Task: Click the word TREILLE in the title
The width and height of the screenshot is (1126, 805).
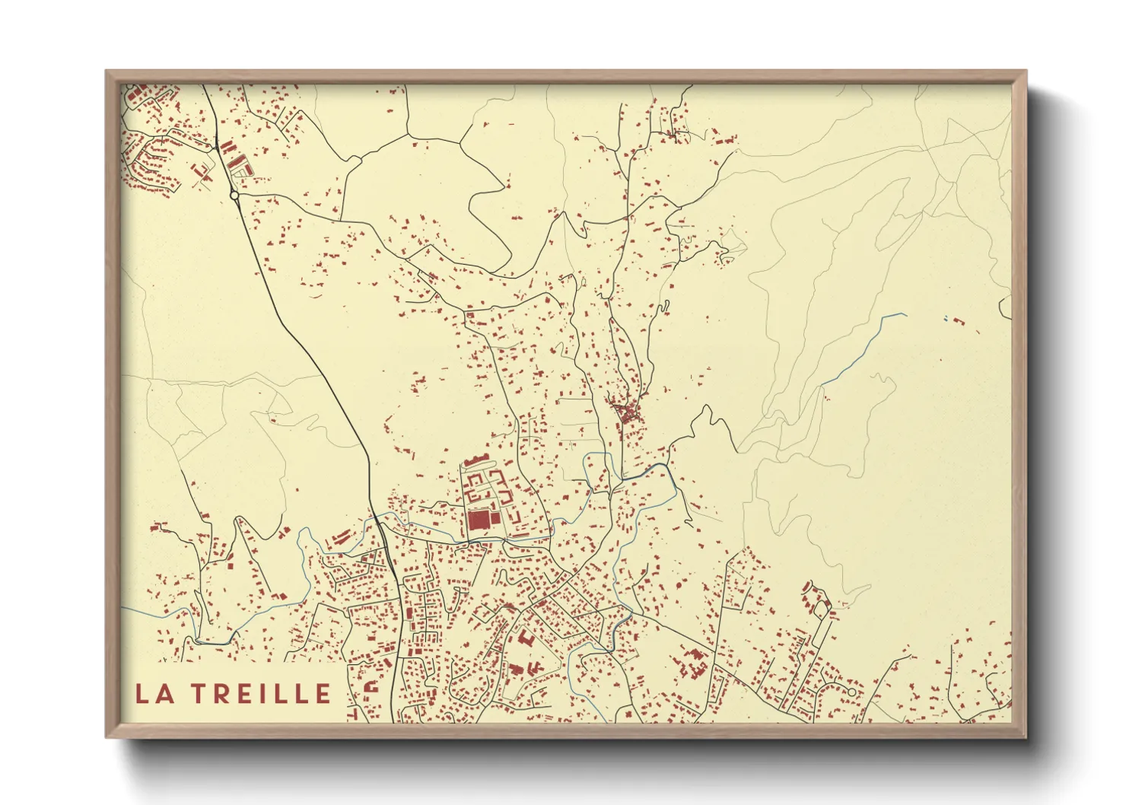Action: click(260, 693)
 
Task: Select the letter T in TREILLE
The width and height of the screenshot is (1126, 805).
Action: click(197, 693)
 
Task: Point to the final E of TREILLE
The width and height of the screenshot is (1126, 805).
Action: click(323, 693)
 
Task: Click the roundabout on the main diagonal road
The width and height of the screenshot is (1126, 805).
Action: click(234, 196)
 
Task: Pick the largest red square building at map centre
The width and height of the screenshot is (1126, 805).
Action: click(478, 520)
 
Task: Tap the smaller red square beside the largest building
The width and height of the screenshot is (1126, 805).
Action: click(496, 518)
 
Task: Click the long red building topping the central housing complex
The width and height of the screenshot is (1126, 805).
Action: click(478, 460)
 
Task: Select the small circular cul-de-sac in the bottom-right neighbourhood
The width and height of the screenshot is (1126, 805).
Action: click(852, 692)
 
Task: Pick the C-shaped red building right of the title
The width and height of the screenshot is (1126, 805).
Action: click(372, 686)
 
